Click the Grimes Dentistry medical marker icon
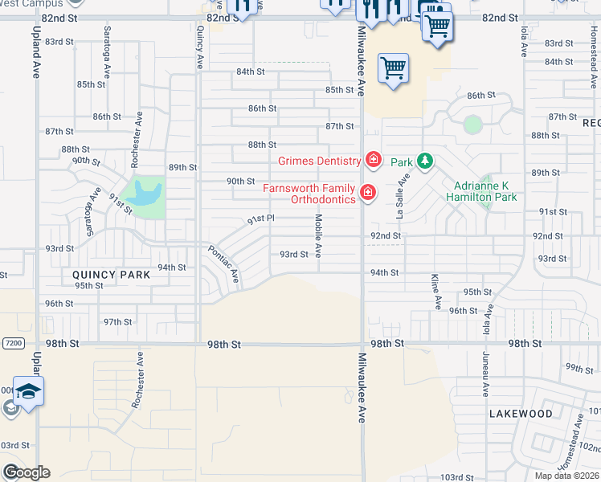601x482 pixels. [x=373, y=161]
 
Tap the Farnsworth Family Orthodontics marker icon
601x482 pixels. [x=367, y=192]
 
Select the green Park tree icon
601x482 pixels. [x=423, y=161]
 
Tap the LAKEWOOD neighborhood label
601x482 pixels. [x=521, y=414]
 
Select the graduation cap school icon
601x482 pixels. [x=28, y=392]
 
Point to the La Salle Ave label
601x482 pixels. [x=399, y=198]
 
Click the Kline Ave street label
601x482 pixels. [x=437, y=291]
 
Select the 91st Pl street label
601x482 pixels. [x=261, y=219]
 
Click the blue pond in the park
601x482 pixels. [x=148, y=194]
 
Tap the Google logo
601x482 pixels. [x=26, y=472]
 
